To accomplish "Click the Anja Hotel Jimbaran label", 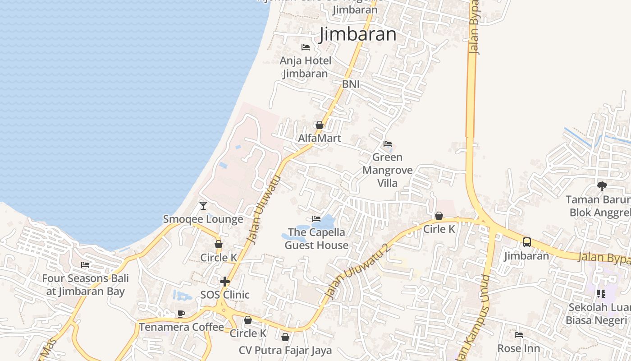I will coord(306,67).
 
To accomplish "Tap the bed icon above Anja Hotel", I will coord(306,47).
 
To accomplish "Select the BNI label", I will coord(351,84).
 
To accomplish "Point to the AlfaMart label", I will coord(320,138).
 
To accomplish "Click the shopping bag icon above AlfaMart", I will coord(320,125).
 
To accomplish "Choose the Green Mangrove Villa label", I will coord(387,170).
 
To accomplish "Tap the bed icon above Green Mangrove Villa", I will coord(388,144).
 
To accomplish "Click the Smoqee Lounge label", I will coord(203,219).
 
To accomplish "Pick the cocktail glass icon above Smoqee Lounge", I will coord(203,206).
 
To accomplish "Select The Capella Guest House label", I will coord(316,239).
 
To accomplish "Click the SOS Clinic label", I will coord(225,295).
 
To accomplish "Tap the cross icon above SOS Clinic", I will coord(225,282).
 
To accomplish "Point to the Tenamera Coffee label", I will coord(181,327).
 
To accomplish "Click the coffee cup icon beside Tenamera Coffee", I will coord(181,314).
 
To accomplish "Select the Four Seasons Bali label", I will coord(85,285).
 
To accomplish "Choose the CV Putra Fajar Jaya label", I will coord(285,350).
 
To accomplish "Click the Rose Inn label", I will coord(518,348).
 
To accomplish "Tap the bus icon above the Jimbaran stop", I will coord(527,242).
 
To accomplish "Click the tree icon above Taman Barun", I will coord(602,186).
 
